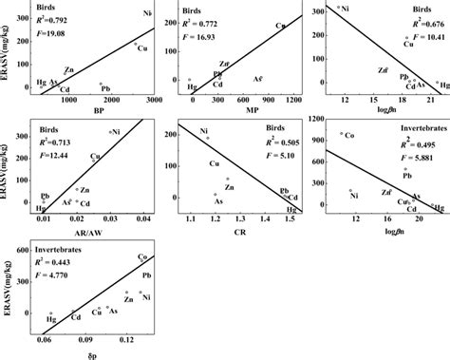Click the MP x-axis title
pos(242,110)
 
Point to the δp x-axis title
pos(90,352)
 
